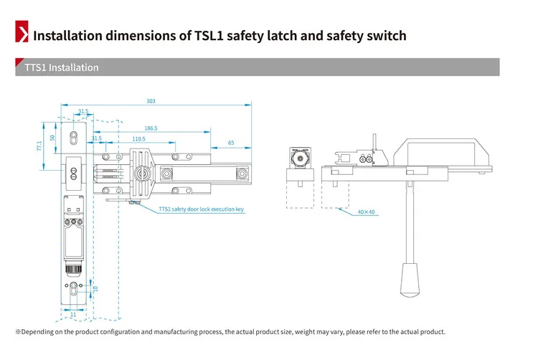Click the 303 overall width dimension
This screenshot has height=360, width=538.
pos(151,101)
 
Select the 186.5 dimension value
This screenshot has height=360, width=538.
pos(151,128)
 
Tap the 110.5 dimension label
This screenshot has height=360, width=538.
pos(138,138)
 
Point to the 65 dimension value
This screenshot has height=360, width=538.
pos(231,143)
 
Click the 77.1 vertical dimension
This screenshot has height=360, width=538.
pos(39,145)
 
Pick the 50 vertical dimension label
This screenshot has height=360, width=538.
pos(52,137)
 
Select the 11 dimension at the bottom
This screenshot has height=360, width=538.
pos(72,314)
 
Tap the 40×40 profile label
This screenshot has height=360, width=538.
pos(366,212)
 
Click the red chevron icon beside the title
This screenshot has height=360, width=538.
pos(22,34)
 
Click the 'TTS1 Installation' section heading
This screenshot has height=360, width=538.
pos(62,67)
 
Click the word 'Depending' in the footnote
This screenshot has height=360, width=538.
pos(40,332)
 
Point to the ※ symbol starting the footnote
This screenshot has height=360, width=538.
pos(19,332)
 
